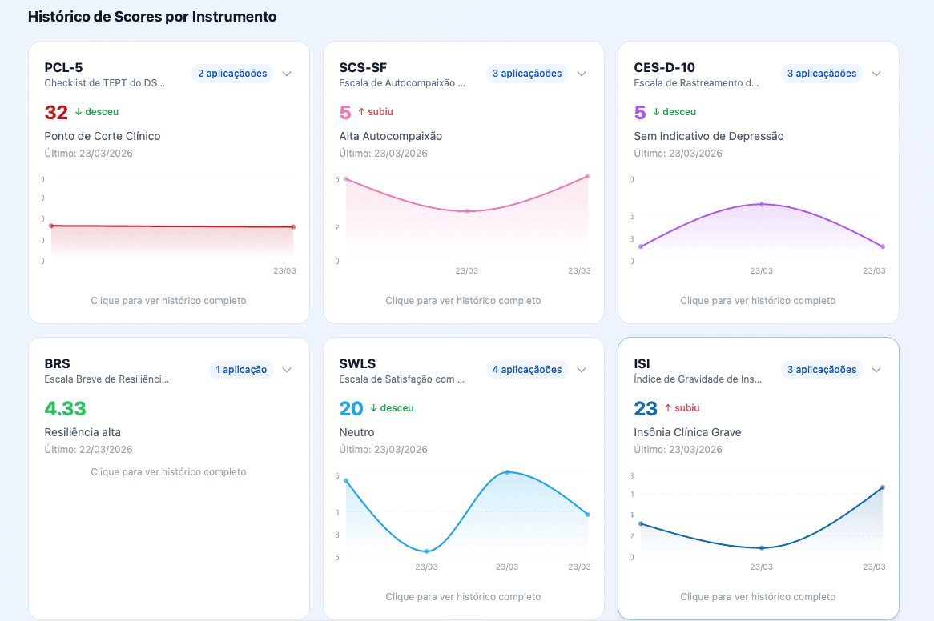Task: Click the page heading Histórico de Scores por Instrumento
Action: [152, 16]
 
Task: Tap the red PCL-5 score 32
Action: [56, 112]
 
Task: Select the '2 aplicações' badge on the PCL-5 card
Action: [232, 74]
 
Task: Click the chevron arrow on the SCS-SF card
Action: [582, 74]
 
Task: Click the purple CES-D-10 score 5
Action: [640, 112]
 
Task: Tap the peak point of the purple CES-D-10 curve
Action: [762, 204]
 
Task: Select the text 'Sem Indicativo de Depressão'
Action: [708, 136]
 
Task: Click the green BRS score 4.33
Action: [65, 408]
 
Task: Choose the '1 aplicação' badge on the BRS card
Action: [240, 370]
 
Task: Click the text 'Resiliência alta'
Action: [83, 432]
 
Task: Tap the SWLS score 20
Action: [351, 408]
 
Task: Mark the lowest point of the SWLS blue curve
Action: [427, 551]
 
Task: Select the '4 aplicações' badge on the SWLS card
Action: [527, 370]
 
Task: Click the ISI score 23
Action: [646, 408]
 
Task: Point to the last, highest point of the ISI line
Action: [882, 487]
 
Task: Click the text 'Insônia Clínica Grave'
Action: [687, 432]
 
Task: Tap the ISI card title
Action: [642, 364]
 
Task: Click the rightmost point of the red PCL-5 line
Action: [293, 227]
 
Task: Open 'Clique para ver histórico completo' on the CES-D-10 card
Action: [758, 301]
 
